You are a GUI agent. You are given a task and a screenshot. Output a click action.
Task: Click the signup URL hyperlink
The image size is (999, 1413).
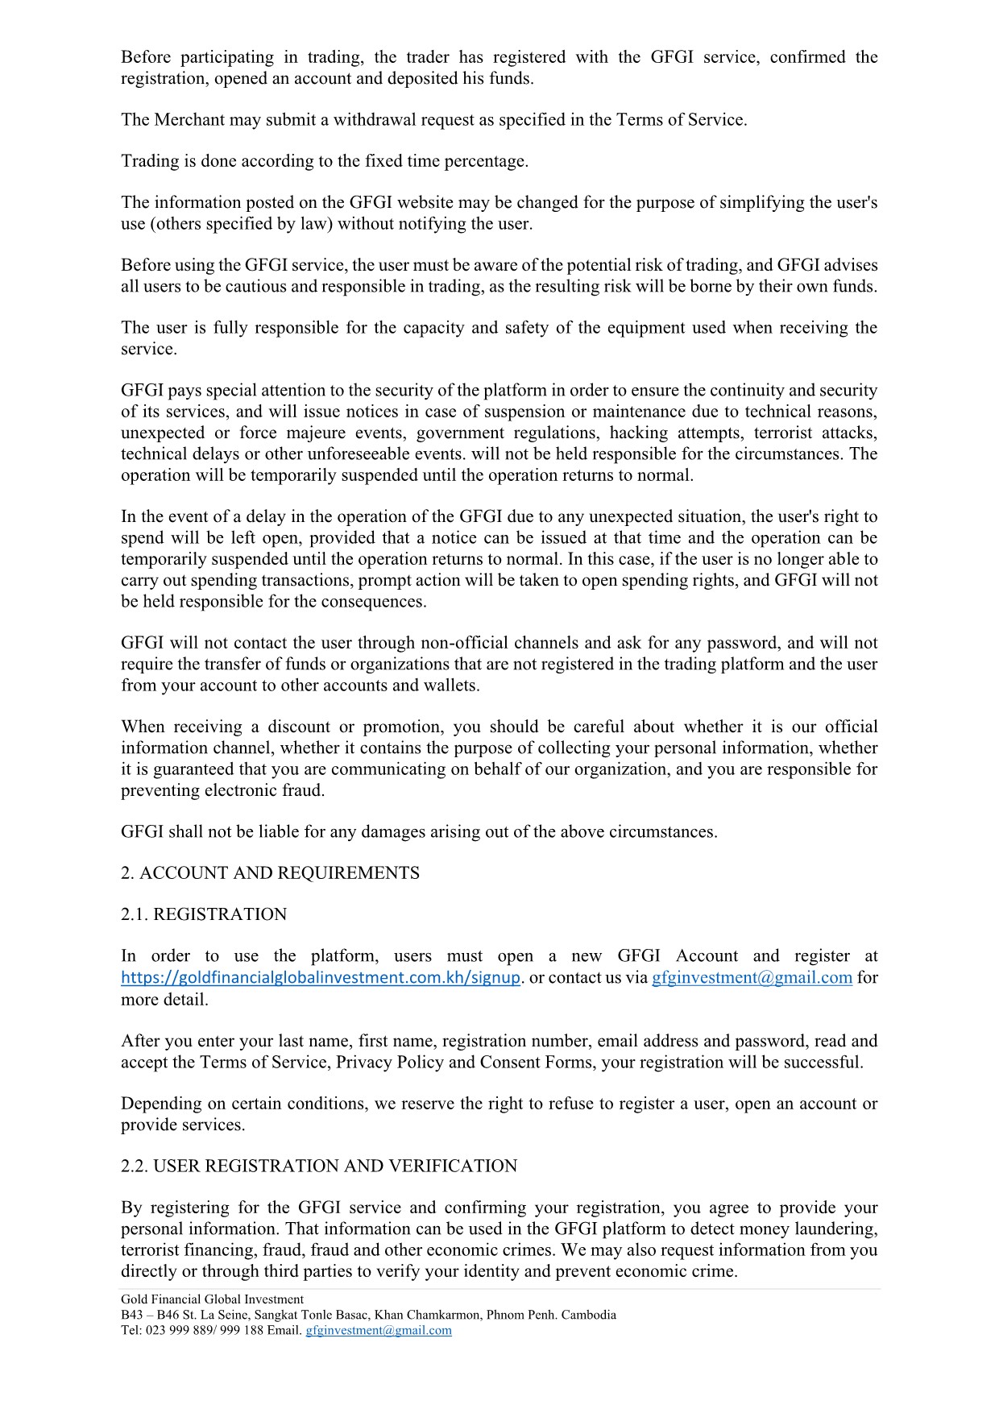tap(321, 978)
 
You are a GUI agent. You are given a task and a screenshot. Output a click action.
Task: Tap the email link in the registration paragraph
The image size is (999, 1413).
tap(752, 978)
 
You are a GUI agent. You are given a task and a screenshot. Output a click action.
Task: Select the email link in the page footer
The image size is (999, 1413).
tap(379, 1330)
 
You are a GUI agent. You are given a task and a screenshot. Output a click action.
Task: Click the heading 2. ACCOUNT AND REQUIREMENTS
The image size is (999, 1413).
tap(270, 873)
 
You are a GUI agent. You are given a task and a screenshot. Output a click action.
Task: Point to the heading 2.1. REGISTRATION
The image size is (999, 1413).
tap(204, 914)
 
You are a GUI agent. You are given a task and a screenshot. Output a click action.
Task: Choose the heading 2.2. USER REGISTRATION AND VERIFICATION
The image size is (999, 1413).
tap(319, 1166)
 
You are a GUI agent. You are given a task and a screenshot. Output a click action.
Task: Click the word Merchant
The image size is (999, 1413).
tap(189, 120)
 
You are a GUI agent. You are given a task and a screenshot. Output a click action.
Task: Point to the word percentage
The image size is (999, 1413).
tap(486, 161)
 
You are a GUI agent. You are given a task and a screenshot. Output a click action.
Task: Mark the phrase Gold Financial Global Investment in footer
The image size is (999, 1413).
tap(212, 1299)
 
